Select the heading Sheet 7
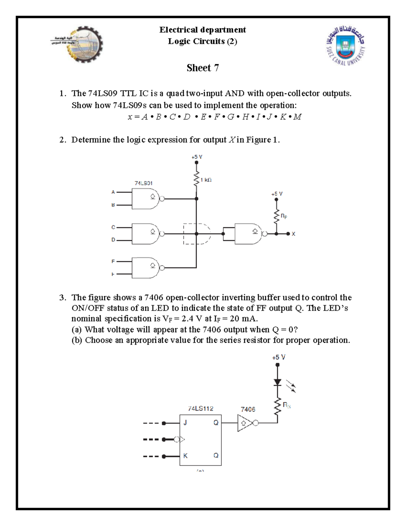[203, 68]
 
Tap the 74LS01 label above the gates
[143, 183]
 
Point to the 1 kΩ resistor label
[206, 180]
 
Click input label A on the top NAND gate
[113, 192]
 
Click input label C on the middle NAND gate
[113, 227]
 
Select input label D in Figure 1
[113, 240]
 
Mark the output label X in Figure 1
[293, 234]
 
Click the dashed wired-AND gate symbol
[197, 234]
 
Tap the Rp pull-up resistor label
[284, 216]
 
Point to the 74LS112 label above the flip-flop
[201, 408]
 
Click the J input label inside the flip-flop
[185, 423]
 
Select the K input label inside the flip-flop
[185, 456]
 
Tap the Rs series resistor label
[286, 405]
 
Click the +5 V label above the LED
[278, 357]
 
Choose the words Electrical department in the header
[203, 30]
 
